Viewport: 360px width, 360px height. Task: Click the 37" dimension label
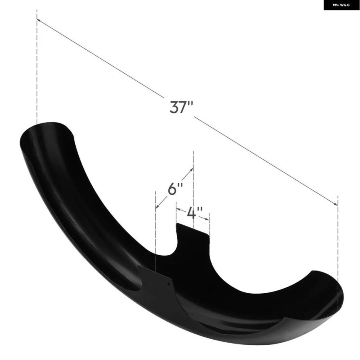[x=181, y=107]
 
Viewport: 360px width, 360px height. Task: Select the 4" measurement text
[x=195, y=212]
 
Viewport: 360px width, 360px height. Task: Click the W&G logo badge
[x=342, y=5]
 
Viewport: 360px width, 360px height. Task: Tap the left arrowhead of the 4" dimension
[x=178, y=209]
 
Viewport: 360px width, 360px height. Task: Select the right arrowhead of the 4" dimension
[x=207, y=219]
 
